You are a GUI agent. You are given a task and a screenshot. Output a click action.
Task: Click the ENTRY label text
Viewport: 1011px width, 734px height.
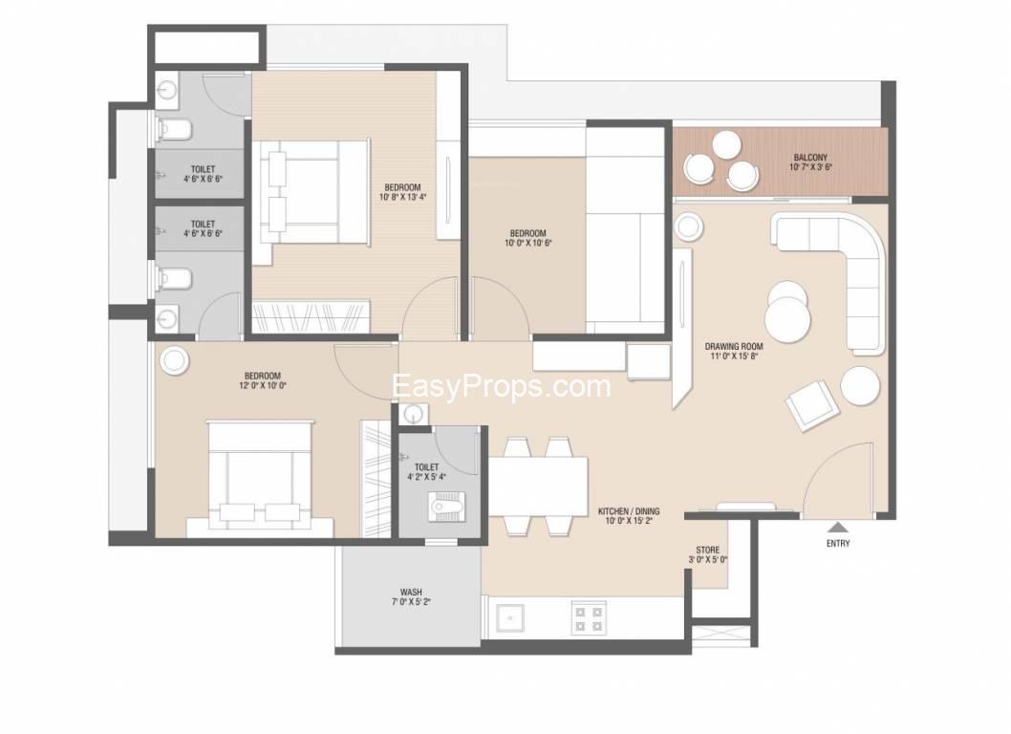click(837, 544)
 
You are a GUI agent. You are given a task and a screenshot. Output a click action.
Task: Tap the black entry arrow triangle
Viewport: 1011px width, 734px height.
click(837, 527)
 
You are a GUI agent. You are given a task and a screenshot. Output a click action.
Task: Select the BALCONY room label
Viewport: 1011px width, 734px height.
click(810, 158)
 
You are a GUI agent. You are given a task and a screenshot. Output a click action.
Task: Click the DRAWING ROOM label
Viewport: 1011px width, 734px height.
click(734, 346)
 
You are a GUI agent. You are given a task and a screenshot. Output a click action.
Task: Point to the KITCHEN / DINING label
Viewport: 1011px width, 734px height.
click(629, 511)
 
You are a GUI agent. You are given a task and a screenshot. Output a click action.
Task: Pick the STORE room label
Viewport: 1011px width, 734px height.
click(707, 550)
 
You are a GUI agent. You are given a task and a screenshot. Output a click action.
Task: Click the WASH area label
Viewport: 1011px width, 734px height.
click(411, 593)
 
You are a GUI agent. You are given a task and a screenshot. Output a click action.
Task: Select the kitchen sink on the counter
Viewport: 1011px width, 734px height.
click(509, 617)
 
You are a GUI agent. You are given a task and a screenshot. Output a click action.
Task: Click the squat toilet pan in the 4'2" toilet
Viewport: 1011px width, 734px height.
click(446, 506)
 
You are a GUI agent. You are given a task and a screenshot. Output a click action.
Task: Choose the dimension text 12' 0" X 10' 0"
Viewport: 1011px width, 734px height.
click(262, 386)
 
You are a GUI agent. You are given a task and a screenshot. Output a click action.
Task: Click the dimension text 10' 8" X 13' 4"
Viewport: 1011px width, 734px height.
click(403, 198)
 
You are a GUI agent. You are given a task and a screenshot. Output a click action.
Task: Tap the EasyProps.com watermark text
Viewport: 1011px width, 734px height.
click(501, 387)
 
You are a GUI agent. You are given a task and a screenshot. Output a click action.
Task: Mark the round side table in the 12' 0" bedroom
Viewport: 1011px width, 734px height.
click(176, 360)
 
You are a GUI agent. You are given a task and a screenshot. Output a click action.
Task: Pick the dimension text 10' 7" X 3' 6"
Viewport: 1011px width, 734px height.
click(810, 167)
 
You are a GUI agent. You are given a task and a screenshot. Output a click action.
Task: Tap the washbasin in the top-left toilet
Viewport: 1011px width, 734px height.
click(165, 90)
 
